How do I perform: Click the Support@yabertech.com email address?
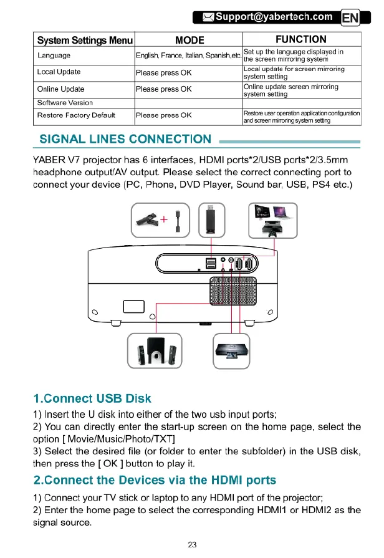274,17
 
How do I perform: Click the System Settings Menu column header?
84,40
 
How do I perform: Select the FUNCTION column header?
301,40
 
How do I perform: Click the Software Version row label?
65,102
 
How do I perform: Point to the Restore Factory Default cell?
77,115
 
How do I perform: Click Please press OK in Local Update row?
163,72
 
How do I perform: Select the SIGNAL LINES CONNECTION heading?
125,139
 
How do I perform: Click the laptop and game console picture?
274,220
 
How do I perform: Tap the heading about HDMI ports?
155,481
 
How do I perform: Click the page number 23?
192,544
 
